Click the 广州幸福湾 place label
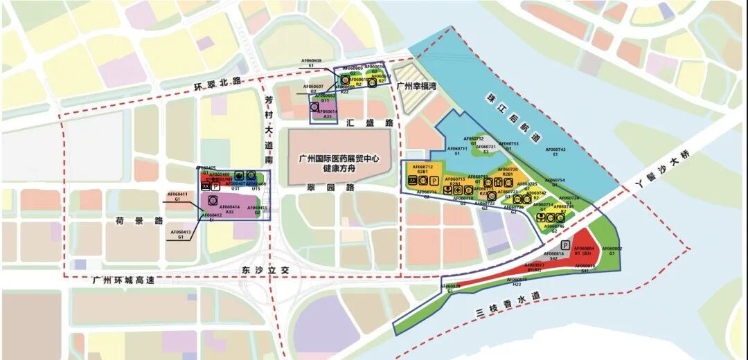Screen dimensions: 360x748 point(418,87)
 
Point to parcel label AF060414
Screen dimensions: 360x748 point(229,206)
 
